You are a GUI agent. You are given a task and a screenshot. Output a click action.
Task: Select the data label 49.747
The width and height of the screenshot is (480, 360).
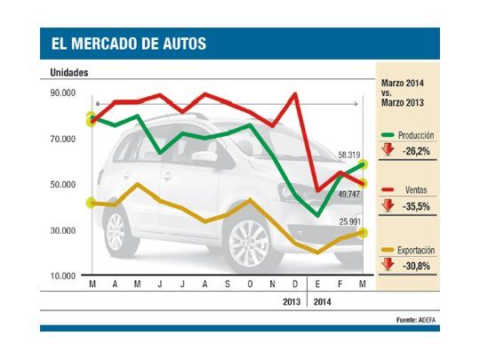click(x=348, y=193)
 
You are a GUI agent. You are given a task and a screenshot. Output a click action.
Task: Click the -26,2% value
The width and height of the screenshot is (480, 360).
click(x=416, y=151)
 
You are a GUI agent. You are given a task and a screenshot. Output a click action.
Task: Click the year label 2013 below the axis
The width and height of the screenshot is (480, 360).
click(x=291, y=301)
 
